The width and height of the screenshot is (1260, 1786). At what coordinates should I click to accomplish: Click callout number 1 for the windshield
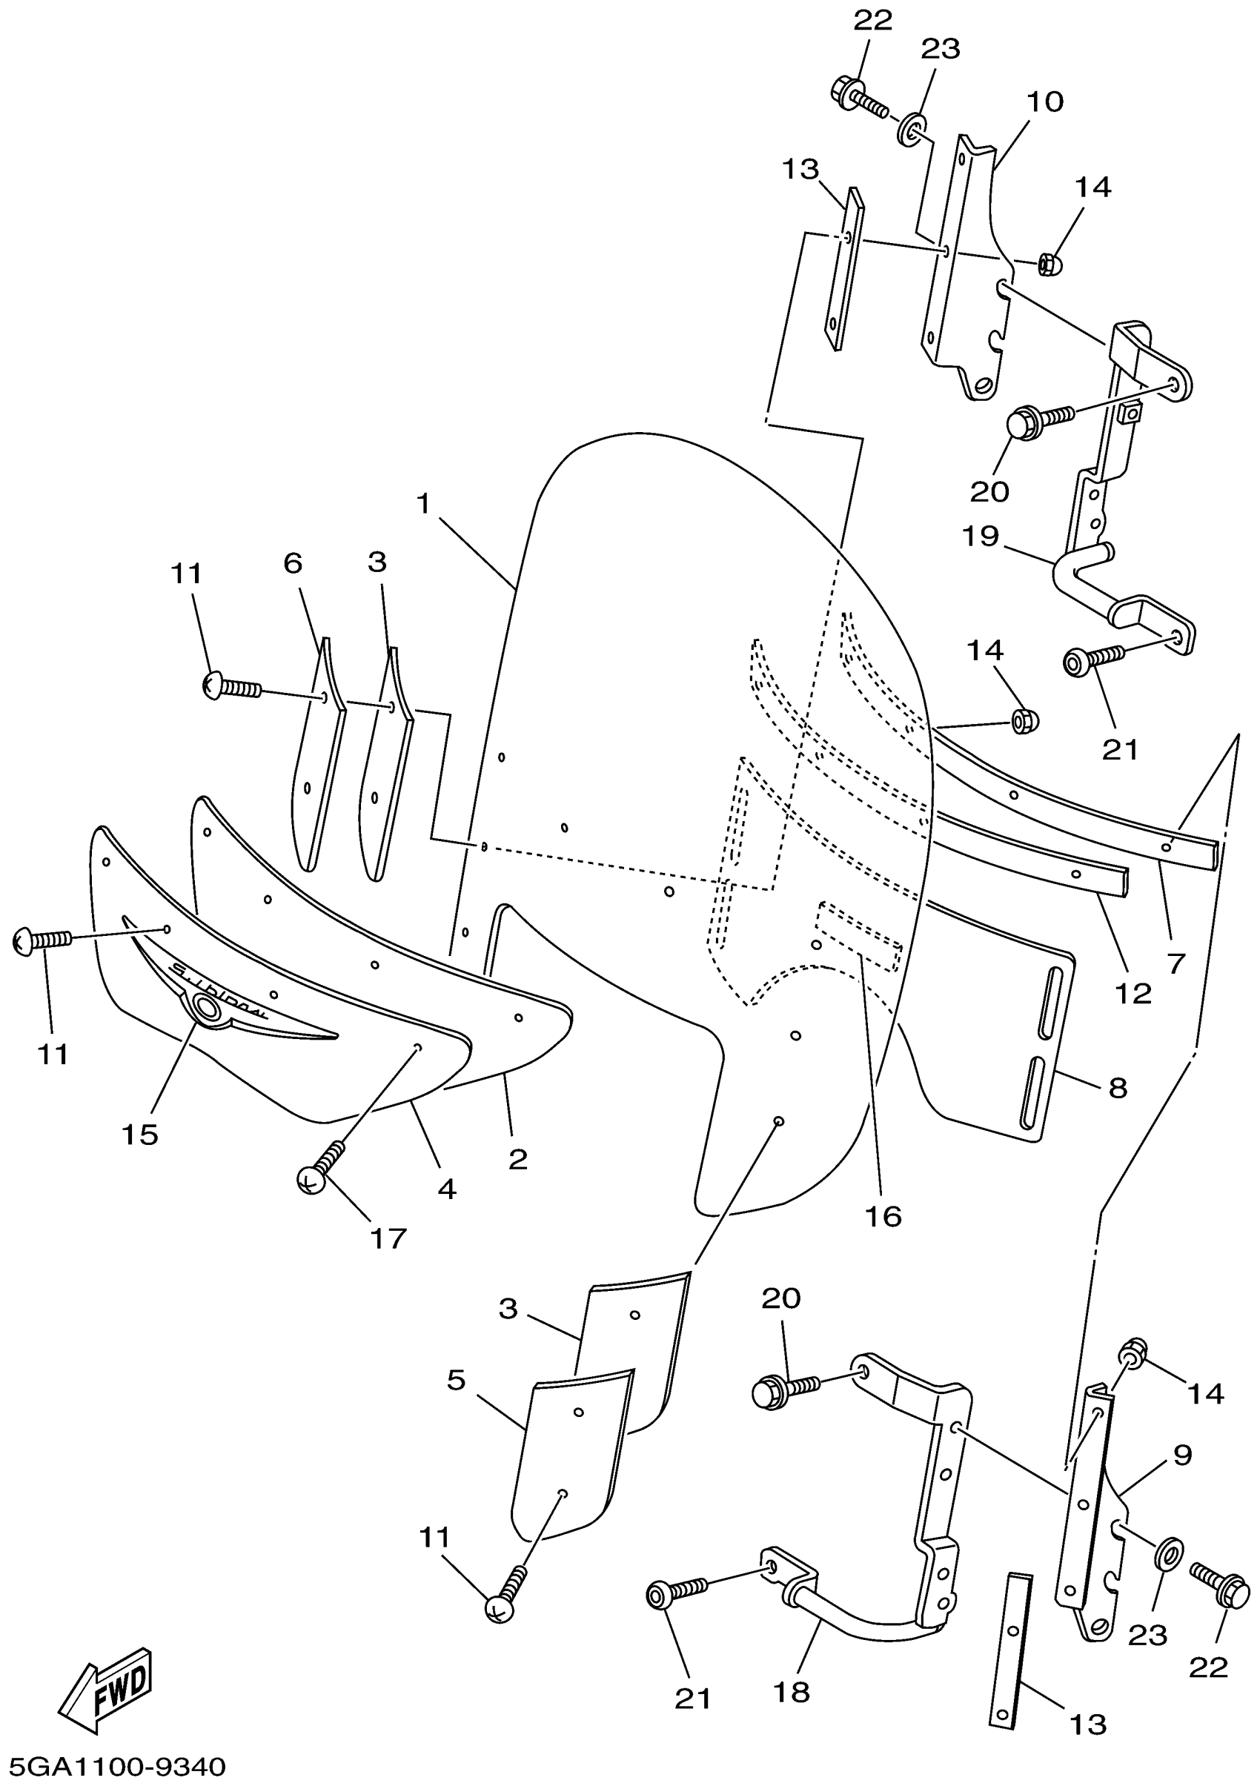(x=423, y=505)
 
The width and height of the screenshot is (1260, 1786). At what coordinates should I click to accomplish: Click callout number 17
(x=388, y=1238)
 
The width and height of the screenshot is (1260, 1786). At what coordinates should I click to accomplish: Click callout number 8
(x=1118, y=1088)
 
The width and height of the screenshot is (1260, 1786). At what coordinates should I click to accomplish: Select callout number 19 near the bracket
(x=980, y=536)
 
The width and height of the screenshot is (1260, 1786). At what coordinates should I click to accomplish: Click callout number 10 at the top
(x=1044, y=102)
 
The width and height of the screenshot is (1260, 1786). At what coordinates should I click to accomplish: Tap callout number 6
(x=293, y=562)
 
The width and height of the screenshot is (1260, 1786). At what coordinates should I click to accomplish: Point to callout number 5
(x=457, y=1380)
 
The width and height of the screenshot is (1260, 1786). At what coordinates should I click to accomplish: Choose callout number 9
(x=1182, y=1454)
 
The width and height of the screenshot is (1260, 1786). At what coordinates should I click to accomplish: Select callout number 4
(x=446, y=1189)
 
